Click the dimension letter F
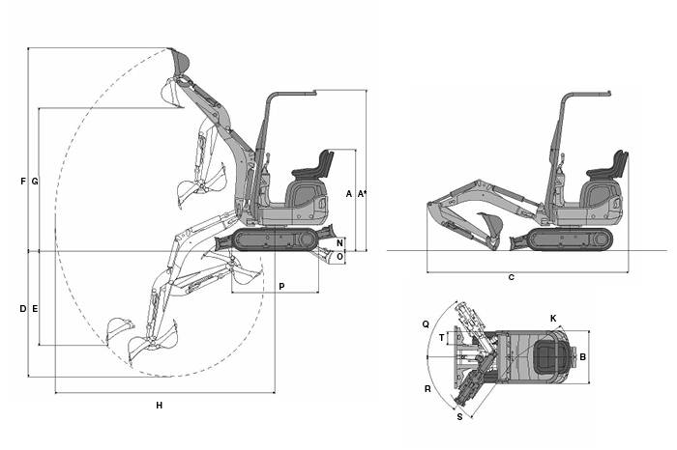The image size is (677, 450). coord(23,182)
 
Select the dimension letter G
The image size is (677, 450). coord(35,182)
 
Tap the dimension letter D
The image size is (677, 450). coord(23,309)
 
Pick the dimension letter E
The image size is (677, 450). coord(35,309)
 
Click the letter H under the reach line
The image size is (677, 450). coord(160,406)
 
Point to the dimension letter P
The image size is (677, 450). coord(282,286)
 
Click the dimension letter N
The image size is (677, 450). coord(340,242)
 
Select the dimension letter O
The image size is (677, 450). coord(340,257)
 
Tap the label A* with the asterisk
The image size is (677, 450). coord(363,194)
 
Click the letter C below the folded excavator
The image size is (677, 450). coord(512,277)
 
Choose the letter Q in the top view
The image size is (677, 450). coord(426,324)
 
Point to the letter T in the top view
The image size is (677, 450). coord(441,338)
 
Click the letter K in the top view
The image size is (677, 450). coord(553,319)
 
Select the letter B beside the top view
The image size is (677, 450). coord(582,357)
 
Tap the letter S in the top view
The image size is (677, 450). coord(459,417)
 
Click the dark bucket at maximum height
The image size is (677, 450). coord(180,61)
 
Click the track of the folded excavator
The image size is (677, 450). coord(570,239)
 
